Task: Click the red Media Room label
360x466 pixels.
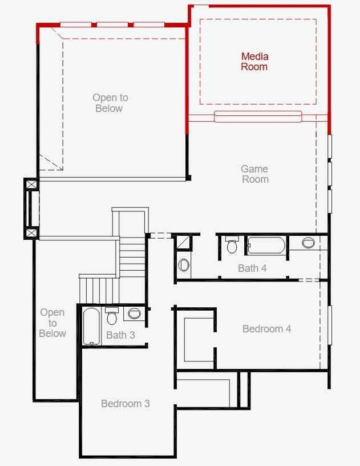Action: [x=254, y=62]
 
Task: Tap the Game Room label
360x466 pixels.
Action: [x=254, y=174]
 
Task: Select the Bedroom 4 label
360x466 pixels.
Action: [x=267, y=329]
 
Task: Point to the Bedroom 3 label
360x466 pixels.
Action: [x=126, y=404]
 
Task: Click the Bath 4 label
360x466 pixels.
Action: [x=252, y=268]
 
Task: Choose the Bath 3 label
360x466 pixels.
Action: [x=120, y=335]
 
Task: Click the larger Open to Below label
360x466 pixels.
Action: [x=110, y=103]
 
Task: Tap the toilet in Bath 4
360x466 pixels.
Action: [x=232, y=245]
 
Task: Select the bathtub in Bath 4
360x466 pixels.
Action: [x=265, y=246]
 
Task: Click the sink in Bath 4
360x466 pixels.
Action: [x=308, y=243]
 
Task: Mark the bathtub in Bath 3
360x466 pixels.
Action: [x=91, y=326]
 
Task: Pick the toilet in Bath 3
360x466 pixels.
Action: [x=112, y=316]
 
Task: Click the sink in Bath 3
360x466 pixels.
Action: [x=134, y=314]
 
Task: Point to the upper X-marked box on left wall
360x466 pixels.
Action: [x=31, y=185]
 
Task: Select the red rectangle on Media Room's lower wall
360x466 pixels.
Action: [x=258, y=117]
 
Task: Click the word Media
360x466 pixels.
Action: [x=254, y=57]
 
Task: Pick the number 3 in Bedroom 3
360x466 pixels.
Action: [x=147, y=404]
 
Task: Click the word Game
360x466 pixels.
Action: [x=254, y=169]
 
